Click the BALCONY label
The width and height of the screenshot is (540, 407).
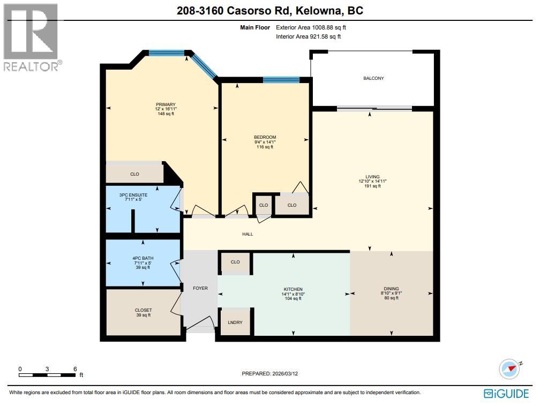[x=373, y=78]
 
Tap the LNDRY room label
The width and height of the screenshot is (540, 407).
[x=235, y=322]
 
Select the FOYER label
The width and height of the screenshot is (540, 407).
[x=200, y=288]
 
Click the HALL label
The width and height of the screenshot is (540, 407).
[x=247, y=234]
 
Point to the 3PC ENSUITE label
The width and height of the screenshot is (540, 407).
[x=133, y=195]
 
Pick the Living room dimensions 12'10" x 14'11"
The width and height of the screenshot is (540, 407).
[x=372, y=182]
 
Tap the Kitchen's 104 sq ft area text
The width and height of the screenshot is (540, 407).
[x=294, y=299]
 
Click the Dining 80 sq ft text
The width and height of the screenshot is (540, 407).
[x=391, y=298]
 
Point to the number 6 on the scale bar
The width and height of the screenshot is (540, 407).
[x=75, y=369]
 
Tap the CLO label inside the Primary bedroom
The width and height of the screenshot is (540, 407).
[x=134, y=174]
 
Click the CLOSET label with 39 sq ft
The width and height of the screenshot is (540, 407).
[x=143, y=310]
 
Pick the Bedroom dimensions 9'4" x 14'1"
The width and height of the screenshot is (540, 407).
[x=265, y=142]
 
